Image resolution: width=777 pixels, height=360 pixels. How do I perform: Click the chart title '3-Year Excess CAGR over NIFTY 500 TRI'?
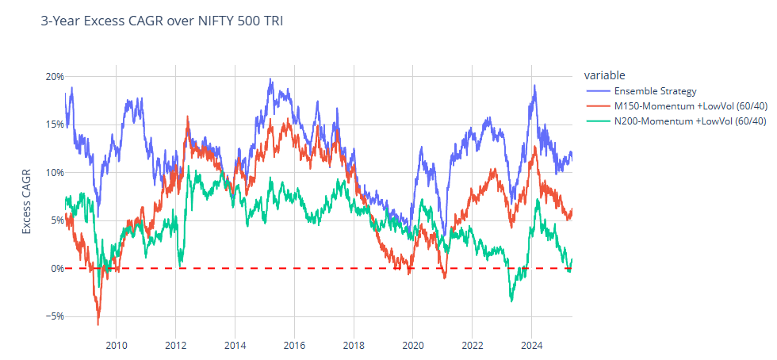162,21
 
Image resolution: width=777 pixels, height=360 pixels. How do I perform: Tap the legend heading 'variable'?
605,75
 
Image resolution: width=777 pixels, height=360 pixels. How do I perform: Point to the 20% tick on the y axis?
55,77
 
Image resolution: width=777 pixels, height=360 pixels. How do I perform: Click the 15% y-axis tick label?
55,124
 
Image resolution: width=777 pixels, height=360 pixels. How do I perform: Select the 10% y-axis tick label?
55,173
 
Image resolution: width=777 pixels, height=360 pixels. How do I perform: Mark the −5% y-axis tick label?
53,316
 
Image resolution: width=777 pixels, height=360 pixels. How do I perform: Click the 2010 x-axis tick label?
117,346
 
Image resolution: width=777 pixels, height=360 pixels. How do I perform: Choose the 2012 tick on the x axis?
176,346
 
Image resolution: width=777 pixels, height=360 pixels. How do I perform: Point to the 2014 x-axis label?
235,346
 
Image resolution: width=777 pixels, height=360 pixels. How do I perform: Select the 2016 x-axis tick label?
294,346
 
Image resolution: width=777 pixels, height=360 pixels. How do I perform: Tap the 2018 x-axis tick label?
354,346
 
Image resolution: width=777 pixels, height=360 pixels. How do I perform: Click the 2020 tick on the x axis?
413,346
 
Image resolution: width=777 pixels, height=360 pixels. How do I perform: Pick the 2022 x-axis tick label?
473,346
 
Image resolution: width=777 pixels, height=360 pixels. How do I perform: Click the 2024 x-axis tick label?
532,346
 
